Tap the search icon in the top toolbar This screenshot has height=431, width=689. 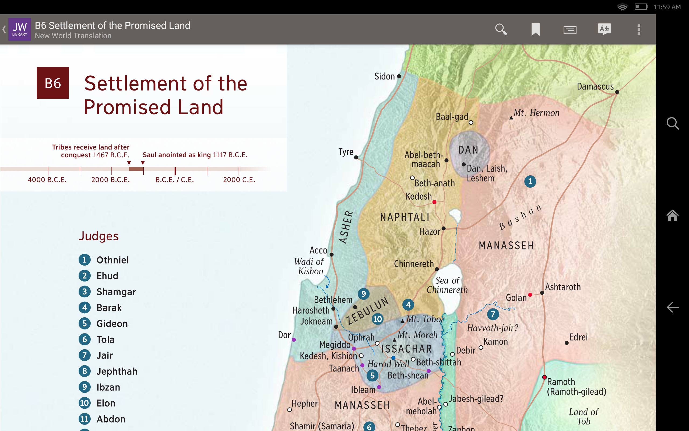click(501, 29)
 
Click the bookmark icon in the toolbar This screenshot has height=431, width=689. click(535, 29)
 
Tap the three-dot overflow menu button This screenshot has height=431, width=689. click(639, 29)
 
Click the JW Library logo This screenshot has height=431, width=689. click(19, 29)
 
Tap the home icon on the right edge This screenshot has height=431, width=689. click(673, 215)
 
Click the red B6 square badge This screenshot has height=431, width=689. click(53, 83)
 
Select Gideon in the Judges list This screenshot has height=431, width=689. click(112, 324)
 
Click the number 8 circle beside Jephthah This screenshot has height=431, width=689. click(85, 371)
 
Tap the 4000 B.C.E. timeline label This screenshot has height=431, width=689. click(47, 180)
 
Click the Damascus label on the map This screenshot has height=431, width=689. click(595, 86)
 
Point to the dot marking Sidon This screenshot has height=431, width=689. click(399, 77)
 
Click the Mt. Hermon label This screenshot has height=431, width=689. click(536, 113)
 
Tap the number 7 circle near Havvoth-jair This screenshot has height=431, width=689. click(493, 314)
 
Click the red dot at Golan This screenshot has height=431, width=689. click(530, 295)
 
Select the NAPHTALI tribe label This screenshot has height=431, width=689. click(405, 217)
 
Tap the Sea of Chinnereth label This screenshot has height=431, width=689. click(447, 285)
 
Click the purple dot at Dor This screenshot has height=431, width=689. click(294, 340)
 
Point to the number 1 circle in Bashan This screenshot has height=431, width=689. click(530, 181)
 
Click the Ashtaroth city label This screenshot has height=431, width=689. click(563, 287)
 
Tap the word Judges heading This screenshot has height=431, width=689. click(99, 236)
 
